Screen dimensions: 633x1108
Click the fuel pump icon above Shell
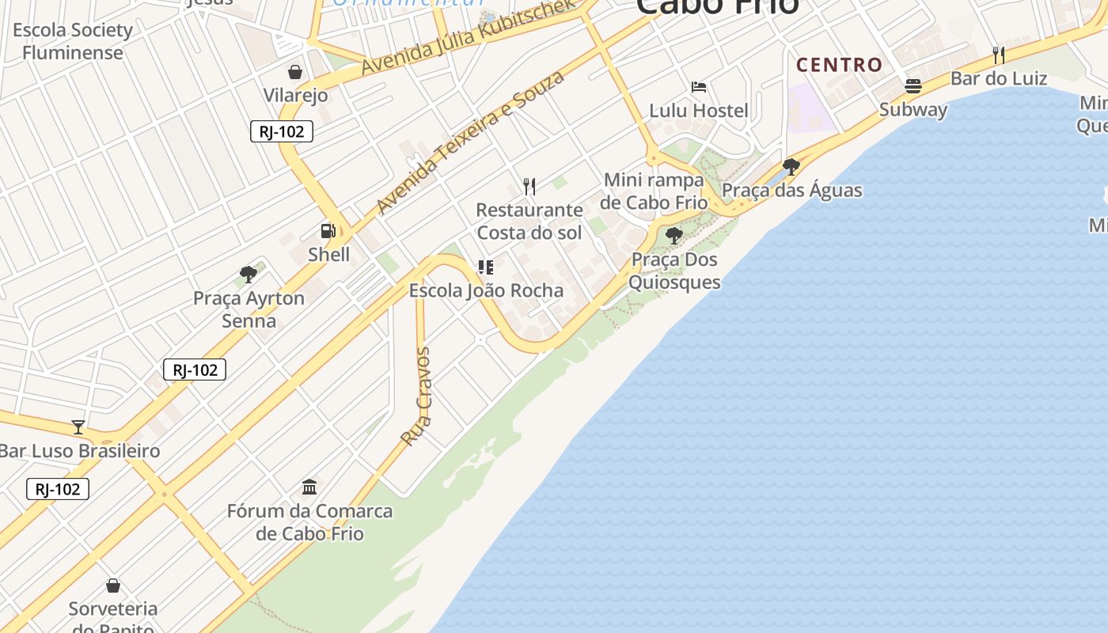(x=328, y=231)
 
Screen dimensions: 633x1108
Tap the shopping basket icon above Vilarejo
(x=295, y=73)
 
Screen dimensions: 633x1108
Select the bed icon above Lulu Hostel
(x=699, y=87)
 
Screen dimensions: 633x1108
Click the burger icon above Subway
(x=913, y=86)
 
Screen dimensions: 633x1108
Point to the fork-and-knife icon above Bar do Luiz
(x=999, y=55)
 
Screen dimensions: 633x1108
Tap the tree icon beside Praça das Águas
(x=791, y=166)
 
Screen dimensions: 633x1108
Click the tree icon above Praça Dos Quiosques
(x=674, y=235)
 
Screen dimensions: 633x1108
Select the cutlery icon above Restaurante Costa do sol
(x=529, y=187)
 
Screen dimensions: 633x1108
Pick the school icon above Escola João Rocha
(x=486, y=267)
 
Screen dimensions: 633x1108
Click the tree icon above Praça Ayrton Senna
(x=249, y=275)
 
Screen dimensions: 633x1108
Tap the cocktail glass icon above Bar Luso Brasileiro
(x=78, y=427)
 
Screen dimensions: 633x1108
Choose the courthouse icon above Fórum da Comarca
(x=309, y=486)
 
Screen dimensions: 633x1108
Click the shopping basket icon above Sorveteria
(x=113, y=586)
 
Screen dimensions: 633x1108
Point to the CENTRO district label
(x=839, y=65)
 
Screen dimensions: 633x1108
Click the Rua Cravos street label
(x=416, y=396)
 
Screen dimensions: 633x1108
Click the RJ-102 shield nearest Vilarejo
(x=282, y=131)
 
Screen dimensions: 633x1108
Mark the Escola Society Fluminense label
(x=73, y=41)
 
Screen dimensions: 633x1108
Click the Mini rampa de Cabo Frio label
(x=654, y=191)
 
